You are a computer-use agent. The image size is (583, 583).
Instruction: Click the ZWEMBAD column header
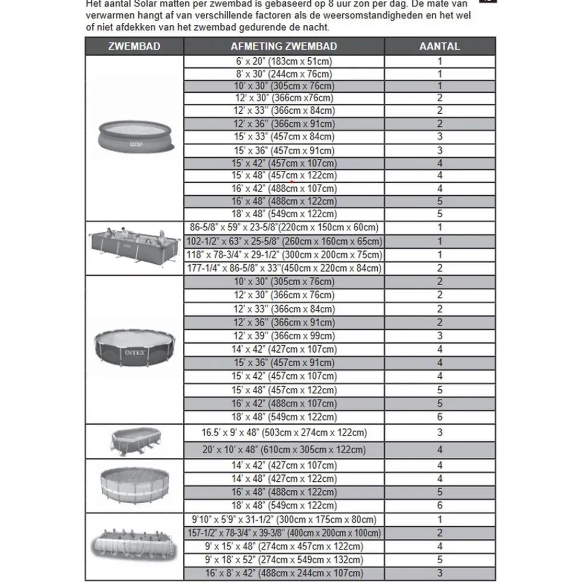[134, 46]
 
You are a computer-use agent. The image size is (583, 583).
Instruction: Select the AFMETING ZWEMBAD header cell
[283, 46]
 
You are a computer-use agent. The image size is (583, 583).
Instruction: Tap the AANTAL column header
[440, 46]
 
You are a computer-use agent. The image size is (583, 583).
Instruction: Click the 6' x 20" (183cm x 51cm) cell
[283, 61]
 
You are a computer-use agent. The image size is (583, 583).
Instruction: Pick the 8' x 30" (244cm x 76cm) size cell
[283, 74]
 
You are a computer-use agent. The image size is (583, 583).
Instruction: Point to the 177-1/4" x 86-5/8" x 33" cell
[283, 268]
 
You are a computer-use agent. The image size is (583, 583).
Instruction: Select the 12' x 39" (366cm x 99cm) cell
[283, 336]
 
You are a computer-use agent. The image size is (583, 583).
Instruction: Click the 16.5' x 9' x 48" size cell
[283, 433]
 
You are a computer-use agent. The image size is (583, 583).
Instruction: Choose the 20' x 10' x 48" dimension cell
[283, 450]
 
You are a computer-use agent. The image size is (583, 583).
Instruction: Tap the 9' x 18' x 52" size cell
[283, 560]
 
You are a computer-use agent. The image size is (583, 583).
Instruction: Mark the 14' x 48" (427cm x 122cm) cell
[283, 479]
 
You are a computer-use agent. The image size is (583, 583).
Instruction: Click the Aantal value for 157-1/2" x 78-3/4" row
[440, 533]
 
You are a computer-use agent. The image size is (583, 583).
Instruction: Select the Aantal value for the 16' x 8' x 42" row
[440, 573]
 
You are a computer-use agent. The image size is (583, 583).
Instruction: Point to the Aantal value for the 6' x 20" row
[440, 61]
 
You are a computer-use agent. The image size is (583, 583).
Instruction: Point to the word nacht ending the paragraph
[316, 27]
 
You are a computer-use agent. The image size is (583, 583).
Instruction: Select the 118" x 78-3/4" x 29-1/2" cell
[283, 255]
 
